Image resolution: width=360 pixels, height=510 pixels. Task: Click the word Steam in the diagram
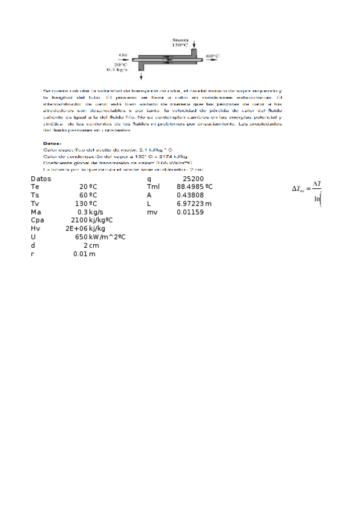tap(180, 39)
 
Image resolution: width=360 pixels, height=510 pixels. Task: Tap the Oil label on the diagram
tap(123, 55)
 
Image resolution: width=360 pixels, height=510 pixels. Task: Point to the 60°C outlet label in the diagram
tap(213, 56)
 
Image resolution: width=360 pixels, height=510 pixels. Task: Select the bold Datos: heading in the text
tap(52, 143)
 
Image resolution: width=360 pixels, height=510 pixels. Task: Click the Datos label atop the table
tap(41, 179)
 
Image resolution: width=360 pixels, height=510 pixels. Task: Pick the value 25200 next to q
tap(193, 179)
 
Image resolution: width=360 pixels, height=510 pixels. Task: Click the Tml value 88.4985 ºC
tap(194, 187)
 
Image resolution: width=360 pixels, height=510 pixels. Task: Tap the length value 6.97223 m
tap(194, 204)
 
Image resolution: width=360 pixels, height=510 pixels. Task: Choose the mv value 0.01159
tap(189, 212)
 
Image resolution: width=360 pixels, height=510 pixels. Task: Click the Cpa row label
tap(37, 221)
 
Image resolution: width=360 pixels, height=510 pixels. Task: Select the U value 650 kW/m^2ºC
tap(100, 238)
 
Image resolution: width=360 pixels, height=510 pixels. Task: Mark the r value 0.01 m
tap(84, 254)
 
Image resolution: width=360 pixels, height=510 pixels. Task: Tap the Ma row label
tap(36, 212)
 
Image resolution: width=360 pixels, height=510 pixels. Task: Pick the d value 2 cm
tap(91, 246)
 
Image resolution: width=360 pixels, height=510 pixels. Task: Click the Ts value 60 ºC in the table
tap(88, 195)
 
